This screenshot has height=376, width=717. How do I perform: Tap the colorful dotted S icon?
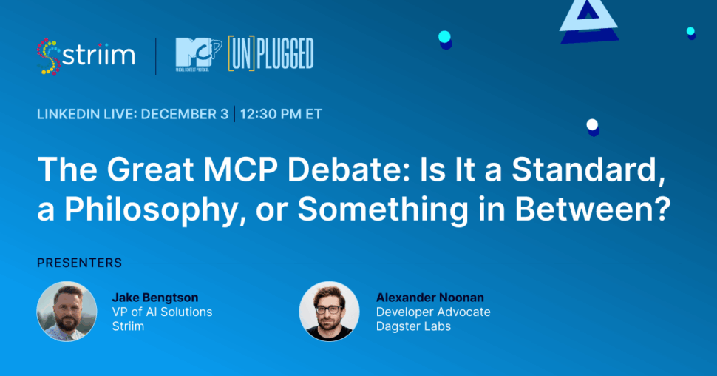coord(49,57)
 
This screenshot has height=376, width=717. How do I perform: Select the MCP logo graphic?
coord(198,55)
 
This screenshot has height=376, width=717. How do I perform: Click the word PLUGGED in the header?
coord(285,54)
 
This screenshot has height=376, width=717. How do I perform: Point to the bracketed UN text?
coord(242,54)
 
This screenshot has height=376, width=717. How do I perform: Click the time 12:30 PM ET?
coord(281,114)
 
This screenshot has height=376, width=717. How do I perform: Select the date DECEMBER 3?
coord(184,114)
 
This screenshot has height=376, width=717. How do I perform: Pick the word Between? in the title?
coord(593,209)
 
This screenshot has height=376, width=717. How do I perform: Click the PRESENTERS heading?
coord(80,263)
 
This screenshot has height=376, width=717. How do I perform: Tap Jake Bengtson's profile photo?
coord(67,312)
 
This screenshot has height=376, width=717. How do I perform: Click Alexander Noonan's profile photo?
coord(329,312)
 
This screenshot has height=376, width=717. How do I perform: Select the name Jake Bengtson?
coord(155,298)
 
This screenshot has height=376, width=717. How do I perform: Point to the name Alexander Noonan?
coord(430,298)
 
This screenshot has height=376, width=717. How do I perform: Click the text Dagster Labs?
coord(413,326)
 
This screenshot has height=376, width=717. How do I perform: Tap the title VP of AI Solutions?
coord(163,312)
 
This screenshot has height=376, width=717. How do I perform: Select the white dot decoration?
coord(592,124)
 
